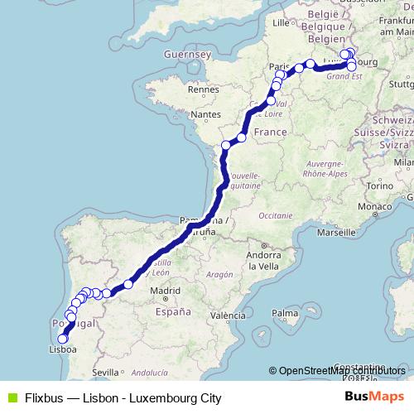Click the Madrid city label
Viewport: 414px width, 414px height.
(x=166, y=291)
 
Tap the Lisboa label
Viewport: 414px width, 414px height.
(x=64, y=350)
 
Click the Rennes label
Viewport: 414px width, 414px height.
(x=203, y=89)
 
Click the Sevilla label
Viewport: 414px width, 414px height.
(x=107, y=373)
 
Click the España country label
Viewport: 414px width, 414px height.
(x=173, y=312)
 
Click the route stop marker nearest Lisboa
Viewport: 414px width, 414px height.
(x=62, y=339)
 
